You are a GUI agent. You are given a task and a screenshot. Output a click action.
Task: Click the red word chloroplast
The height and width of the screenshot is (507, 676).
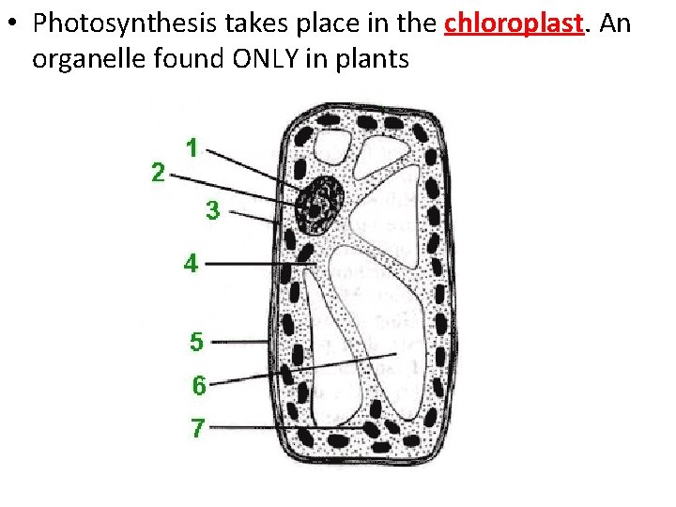point(515,23)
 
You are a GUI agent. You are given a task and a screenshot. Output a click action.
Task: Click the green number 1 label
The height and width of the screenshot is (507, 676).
point(192,147)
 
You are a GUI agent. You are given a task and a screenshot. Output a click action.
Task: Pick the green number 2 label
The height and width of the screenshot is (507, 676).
point(159,172)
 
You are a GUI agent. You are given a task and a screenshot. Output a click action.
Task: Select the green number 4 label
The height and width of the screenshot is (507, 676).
point(191,264)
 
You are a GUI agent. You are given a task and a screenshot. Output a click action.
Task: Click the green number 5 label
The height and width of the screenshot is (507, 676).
point(196,342)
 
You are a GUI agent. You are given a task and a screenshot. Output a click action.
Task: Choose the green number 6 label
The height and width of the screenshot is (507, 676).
point(199,385)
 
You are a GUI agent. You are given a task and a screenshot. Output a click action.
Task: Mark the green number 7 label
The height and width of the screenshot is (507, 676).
point(197,428)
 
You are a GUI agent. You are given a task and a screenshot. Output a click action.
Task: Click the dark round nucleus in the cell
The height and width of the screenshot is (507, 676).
point(319,202)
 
